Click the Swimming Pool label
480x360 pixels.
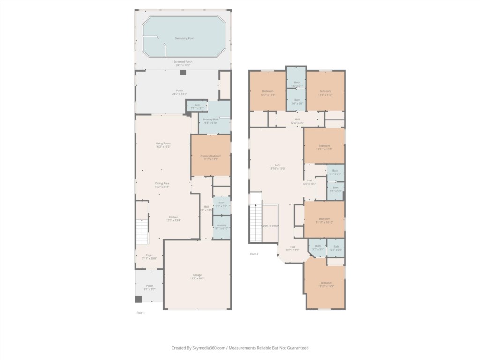[x=184, y=38]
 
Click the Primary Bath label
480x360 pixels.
[x=211, y=121]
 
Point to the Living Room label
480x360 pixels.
[x=163, y=145]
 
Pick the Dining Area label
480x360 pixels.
[x=162, y=185]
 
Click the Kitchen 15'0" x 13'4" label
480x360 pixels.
[x=173, y=219]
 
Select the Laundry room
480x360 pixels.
[x=221, y=227]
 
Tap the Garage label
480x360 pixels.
[x=197, y=277]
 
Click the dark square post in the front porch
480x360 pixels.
[x=138, y=299]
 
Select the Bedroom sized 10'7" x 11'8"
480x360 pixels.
[x=268, y=92]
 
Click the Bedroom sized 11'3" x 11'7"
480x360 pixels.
[x=325, y=92]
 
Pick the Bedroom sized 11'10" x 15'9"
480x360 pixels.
[x=325, y=284]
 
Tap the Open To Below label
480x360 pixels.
[x=270, y=226]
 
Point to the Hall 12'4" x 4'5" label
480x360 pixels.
[x=297, y=121]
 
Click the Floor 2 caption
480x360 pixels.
[x=254, y=254]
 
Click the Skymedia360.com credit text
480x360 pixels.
[x=240, y=348]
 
